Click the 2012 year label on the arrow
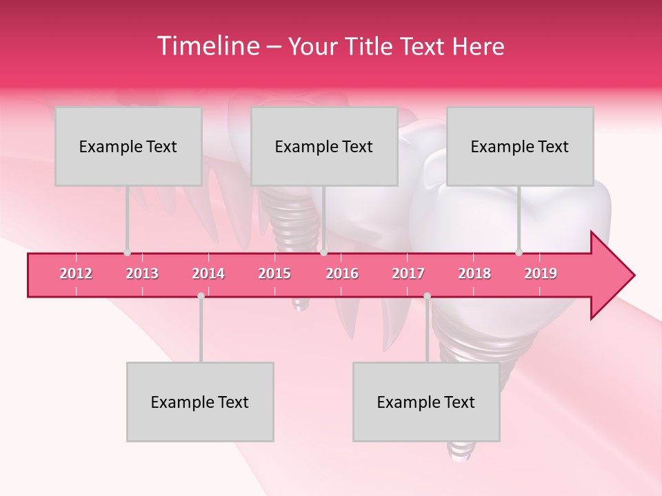(76, 273)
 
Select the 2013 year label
(142, 273)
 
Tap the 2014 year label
(208, 273)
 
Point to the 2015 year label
(274, 273)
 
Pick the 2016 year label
(342, 273)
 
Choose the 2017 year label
(408, 273)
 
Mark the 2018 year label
(474, 273)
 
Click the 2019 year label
(541, 273)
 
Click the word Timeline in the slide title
(207, 46)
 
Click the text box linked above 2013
(128, 146)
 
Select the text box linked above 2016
(324, 146)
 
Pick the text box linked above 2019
(520, 146)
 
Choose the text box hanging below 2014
(200, 402)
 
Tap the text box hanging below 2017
(426, 402)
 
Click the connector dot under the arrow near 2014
(201, 296)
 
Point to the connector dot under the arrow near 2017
(427, 296)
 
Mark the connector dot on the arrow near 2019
(519, 252)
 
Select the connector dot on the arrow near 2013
(127, 252)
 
